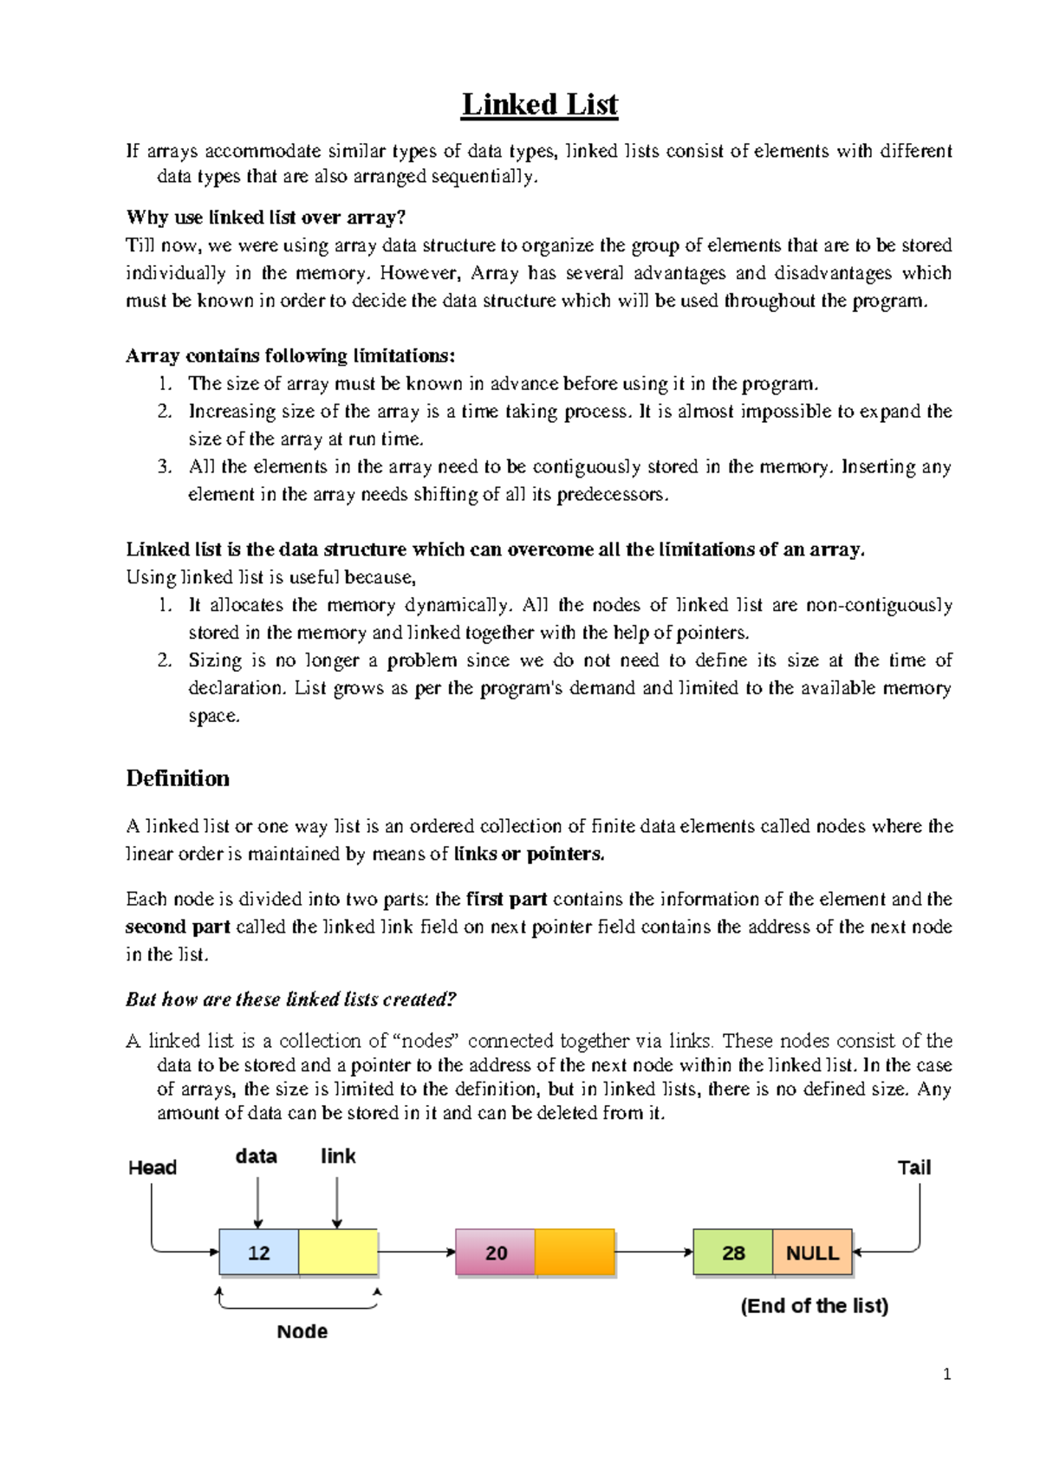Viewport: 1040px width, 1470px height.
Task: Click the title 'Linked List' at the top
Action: pos(539,105)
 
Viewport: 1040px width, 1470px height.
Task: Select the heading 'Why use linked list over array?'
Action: pos(265,217)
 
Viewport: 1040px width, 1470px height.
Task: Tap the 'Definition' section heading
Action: pos(178,778)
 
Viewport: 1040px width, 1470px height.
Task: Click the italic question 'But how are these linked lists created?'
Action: pos(290,999)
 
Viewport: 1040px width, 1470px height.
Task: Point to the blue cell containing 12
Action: pos(259,1252)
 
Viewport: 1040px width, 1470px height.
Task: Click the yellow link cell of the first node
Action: pos(338,1252)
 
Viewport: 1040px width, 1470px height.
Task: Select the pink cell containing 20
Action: pos(496,1252)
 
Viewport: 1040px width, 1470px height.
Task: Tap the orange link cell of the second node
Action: pos(575,1252)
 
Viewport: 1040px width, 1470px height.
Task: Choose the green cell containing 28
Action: pos(733,1252)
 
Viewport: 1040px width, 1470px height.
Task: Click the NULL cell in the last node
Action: pos(812,1252)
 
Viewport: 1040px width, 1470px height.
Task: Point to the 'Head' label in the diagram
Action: pos(153,1168)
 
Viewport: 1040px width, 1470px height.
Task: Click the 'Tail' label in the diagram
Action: pos(913,1168)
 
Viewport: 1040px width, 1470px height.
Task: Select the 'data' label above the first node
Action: pos(257,1156)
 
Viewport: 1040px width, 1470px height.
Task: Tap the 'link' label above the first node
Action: pos(338,1156)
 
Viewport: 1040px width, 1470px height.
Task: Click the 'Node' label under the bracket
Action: pos(302,1331)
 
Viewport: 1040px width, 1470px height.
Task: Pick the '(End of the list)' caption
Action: pos(815,1305)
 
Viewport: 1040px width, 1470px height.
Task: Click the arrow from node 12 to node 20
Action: pos(417,1252)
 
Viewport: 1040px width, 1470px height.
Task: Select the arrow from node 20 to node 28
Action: pos(654,1252)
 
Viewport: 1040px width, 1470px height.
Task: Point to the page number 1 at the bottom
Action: pos(947,1374)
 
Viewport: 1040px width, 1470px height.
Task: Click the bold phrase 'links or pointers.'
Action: pos(529,854)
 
